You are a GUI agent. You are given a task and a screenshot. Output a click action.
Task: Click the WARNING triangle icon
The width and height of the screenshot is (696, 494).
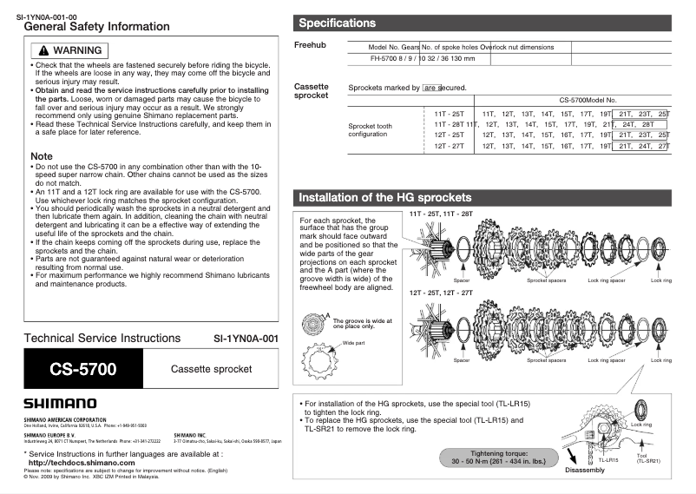click(x=41, y=50)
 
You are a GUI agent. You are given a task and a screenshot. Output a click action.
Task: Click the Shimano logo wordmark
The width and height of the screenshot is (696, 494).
click(x=60, y=403)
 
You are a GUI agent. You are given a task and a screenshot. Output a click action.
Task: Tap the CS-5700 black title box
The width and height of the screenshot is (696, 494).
click(x=82, y=369)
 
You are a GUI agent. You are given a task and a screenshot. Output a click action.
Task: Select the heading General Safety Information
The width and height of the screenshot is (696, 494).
click(x=96, y=27)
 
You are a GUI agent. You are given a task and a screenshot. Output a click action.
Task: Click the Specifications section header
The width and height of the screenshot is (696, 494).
click(x=337, y=23)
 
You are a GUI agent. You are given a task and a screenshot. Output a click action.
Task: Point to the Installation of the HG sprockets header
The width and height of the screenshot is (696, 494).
click(x=384, y=197)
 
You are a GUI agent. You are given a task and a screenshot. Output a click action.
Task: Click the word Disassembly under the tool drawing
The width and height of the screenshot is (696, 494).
click(x=584, y=470)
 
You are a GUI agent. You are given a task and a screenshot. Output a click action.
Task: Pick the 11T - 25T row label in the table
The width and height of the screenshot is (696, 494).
click(x=449, y=114)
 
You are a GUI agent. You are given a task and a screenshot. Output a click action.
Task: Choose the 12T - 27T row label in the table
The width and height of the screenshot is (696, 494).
click(x=449, y=146)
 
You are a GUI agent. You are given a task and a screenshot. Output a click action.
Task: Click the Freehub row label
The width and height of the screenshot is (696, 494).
click(x=309, y=44)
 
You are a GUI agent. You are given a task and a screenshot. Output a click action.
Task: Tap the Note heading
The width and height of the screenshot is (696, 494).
click(x=41, y=156)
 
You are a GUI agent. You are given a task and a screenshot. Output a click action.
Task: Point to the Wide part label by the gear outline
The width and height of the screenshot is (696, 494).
click(x=354, y=343)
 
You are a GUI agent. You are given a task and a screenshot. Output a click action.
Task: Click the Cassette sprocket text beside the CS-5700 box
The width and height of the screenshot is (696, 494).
click(x=211, y=369)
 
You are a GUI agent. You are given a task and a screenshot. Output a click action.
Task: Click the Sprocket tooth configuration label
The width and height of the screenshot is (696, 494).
click(x=371, y=130)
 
